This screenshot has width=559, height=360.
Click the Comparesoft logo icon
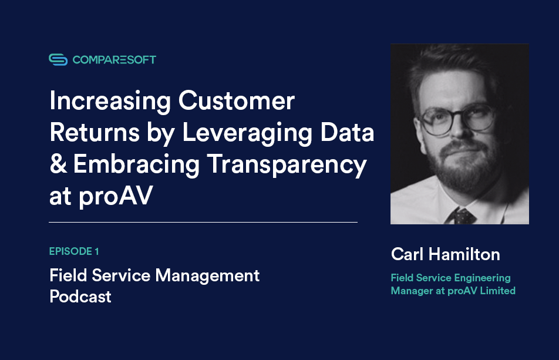(58, 59)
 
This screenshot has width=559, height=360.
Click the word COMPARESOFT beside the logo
(115, 59)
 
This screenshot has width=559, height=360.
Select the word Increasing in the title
(109, 101)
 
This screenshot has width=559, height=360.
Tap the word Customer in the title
(236, 101)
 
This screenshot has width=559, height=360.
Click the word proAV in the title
(115, 197)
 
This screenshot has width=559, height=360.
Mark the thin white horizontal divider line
(203, 223)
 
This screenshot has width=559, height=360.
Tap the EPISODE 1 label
(74, 251)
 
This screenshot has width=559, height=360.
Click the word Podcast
(80, 297)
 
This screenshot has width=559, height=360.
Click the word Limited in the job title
(496, 291)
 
